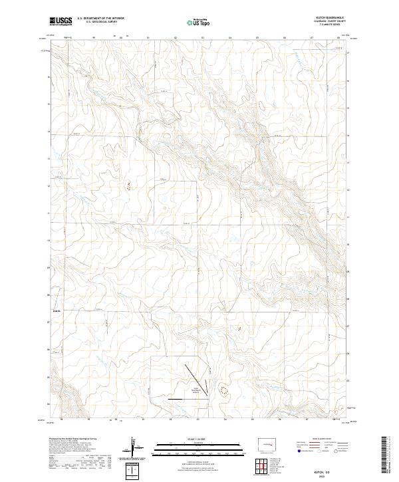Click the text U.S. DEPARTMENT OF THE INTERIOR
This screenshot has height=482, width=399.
click(x=100, y=19)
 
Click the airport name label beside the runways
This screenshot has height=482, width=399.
click(x=197, y=390)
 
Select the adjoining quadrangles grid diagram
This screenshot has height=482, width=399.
click(x=261, y=468)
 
